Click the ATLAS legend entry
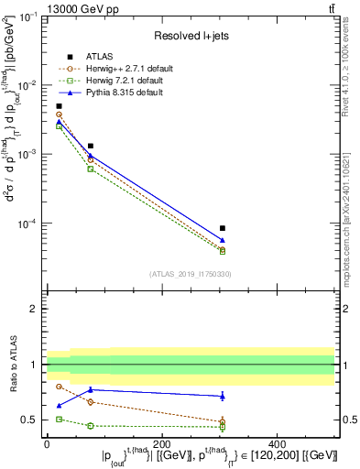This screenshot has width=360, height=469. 99,56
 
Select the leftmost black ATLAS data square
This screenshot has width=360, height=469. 59,106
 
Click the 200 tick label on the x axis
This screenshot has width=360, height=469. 162,443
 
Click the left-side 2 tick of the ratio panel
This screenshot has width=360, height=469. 34,309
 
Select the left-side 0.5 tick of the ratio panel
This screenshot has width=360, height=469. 30,420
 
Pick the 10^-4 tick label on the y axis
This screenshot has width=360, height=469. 27,224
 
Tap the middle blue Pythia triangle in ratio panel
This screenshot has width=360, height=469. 90,389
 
